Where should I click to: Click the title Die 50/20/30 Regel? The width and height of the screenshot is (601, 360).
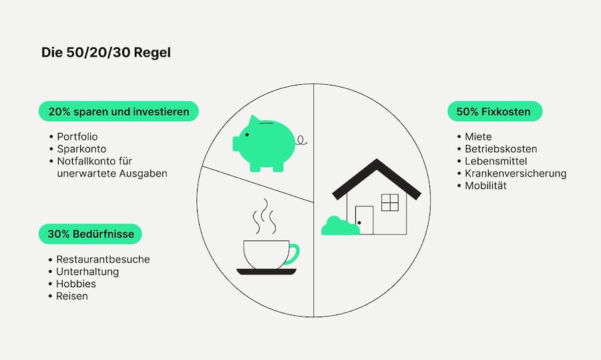pyautogui.click(x=106, y=52)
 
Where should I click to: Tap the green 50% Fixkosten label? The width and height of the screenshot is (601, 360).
pyautogui.click(x=495, y=112)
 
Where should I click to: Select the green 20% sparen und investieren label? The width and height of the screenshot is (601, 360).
pyautogui.click(x=119, y=112)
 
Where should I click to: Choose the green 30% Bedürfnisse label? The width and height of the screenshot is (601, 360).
pyautogui.click(x=90, y=234)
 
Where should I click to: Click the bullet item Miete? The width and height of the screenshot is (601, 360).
pyautogui.click(x=478, y=137)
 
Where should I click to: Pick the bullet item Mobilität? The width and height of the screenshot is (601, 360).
pyautogui.click(x=485, y=186)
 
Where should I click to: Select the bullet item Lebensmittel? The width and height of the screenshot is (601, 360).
pyautogui.click(x=495, y=162)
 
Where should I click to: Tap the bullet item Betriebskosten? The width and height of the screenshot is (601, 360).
pyautogui.click(x=501, y=149)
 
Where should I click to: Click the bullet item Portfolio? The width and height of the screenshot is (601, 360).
pyautogui.click(x=77, y=137)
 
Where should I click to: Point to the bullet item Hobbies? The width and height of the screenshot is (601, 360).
pyautogui.click(x=75, y=284)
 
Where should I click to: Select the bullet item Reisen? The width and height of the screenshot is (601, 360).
pyautogui.click(x=71, y=296)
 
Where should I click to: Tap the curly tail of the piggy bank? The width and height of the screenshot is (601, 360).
pyautogui.click(x=303, y=140)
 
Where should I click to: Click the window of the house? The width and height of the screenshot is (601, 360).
pyautogui.click(x=389, y=202)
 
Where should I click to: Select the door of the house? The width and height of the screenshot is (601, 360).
pyautogui.click(x=364, y=220)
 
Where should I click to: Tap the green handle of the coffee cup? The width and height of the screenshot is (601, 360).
pyautogui.click(x=294, y=254)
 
